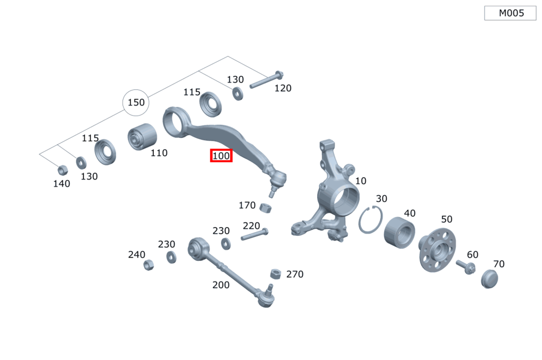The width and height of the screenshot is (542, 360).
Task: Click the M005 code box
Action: click(x=510, y=13)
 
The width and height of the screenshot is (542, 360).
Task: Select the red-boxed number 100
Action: click(x=221, y=156)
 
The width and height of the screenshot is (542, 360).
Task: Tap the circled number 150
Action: click(x=136, y=102)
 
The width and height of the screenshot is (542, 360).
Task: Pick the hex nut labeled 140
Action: click(x=62, y=170)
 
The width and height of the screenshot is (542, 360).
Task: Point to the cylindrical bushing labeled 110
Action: click(x=142, y=137)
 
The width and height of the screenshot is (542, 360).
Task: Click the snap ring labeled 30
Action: click(x=370, y=219)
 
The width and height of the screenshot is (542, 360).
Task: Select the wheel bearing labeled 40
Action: click(x=399, y=233)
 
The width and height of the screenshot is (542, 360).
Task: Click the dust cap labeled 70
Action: click(x=489, y=279)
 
